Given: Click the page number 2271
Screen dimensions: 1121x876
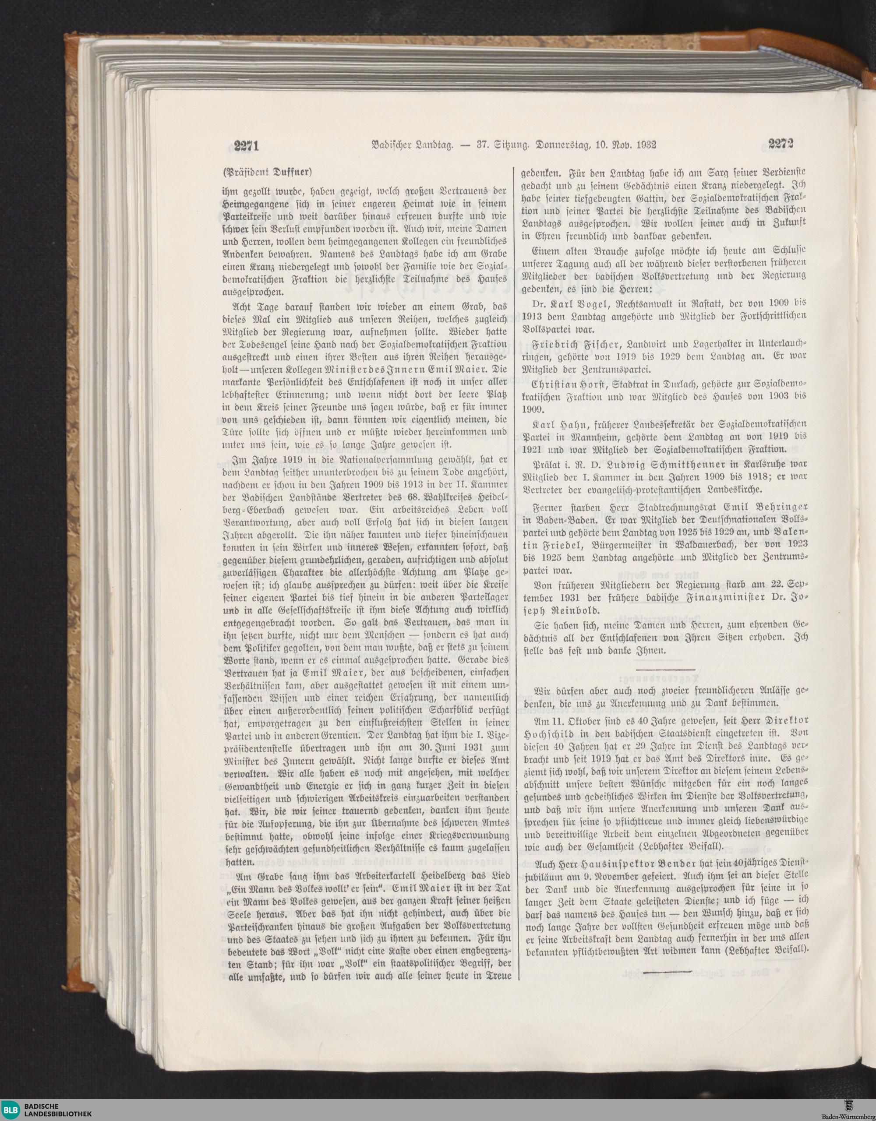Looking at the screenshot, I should (245, 146).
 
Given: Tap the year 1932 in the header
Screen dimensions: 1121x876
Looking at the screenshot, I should (644, 145).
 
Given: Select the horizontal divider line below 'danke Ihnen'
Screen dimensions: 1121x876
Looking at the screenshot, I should (665, 670).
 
